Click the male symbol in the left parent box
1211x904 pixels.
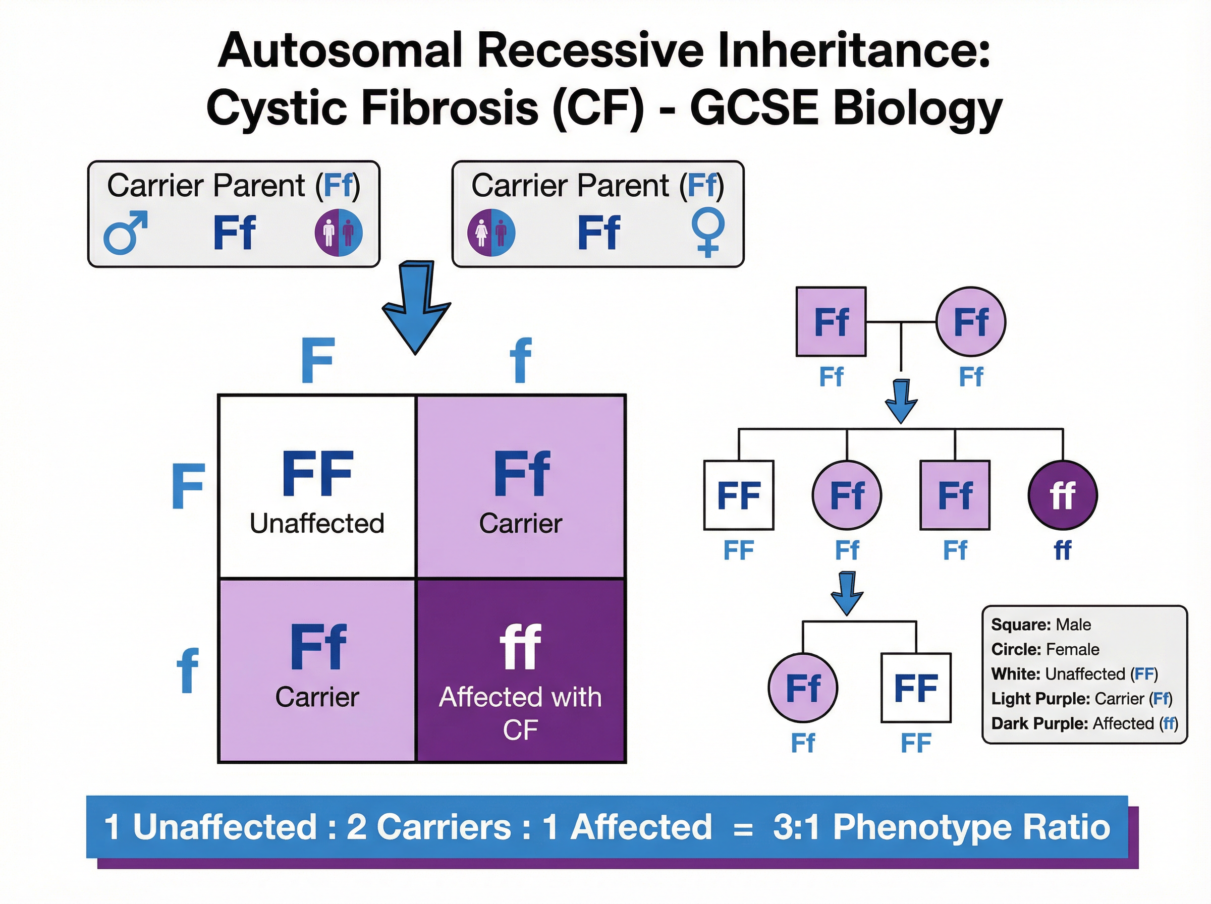point(125,233)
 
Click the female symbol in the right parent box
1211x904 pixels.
point(707,233)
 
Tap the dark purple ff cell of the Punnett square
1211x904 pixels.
point(520,670)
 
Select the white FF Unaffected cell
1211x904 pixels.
point(317,486)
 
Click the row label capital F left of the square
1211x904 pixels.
point(188,486)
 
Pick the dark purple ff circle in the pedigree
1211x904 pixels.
point(1062,495)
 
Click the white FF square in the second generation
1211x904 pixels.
point(738,495)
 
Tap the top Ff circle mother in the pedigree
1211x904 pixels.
point(970,322)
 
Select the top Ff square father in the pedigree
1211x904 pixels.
point(831,322)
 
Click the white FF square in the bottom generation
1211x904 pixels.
point(915,687)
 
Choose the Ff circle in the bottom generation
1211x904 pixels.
point(803,687)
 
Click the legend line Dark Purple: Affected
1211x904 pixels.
point(1084,723)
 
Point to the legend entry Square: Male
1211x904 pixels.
point(1040,625)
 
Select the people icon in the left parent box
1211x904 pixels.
point(338,233)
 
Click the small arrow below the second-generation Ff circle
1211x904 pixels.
point(847,593)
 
